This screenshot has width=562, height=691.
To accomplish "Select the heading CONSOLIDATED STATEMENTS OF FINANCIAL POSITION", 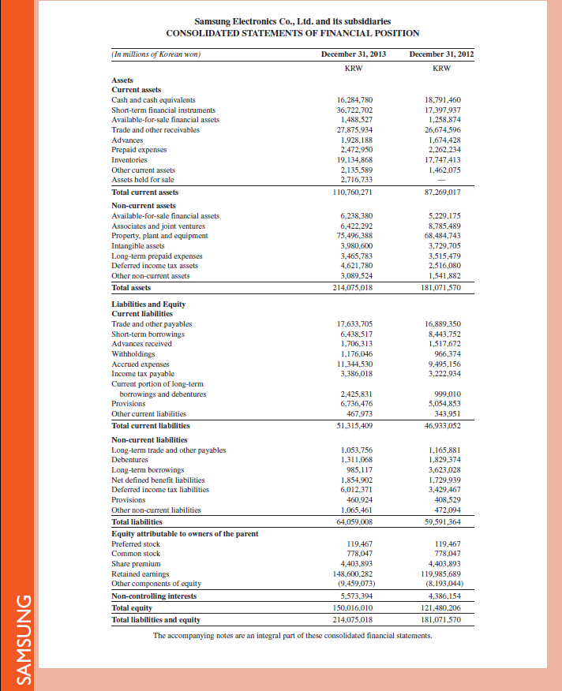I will pyautogui.click(x=292, y=33).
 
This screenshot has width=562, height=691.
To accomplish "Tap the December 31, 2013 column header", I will pyautogui.click(x=354, y=54).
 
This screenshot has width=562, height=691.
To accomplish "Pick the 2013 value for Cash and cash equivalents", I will pyautogui.click(x=354, y=100).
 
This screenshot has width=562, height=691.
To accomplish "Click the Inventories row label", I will pyautogui.click(x=130, y=159).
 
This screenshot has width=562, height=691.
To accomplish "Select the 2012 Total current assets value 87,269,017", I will pyautogui.click(x=442, y=192).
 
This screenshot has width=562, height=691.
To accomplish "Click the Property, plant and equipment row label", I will pyautogui.click(x=159, y=235).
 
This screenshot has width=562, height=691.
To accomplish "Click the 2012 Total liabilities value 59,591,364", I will pyautogui.click(x=442, y=521).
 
